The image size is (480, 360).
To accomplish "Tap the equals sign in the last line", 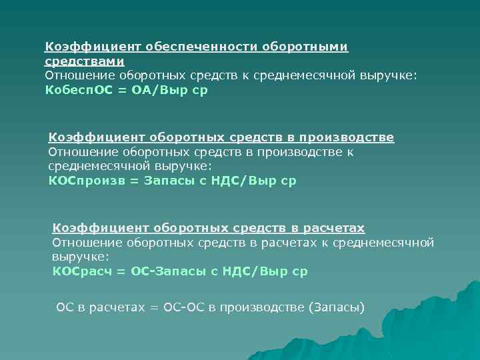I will point(154,307).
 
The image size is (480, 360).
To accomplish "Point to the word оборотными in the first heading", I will point(305,47).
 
